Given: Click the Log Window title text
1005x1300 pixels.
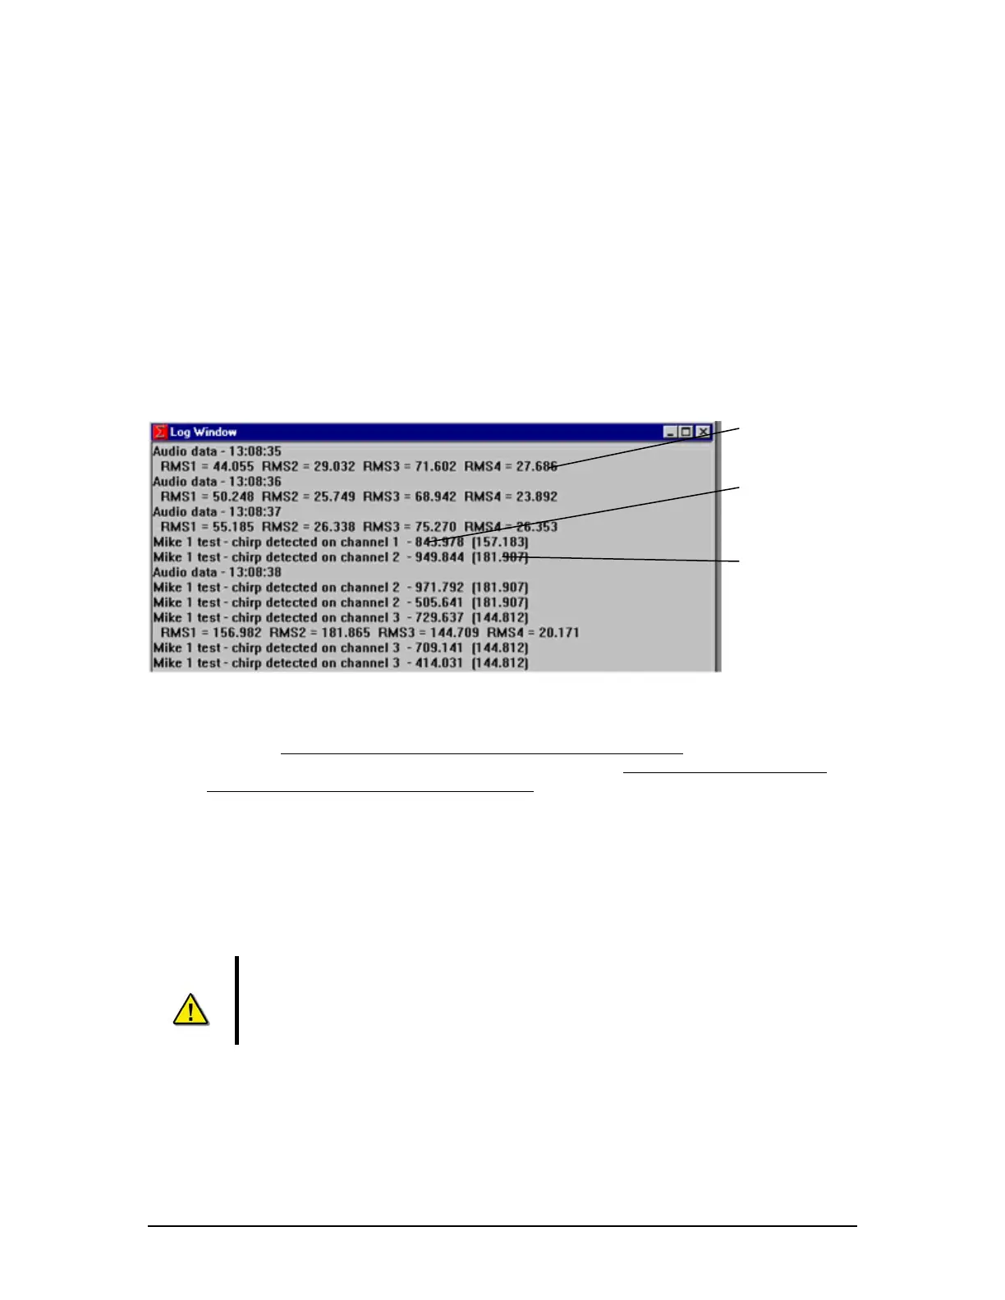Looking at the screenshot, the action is (x=203, y=432).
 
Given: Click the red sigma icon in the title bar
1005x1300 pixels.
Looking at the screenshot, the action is (x=160, y=432).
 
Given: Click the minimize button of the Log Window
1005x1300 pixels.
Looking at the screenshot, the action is (x=670, y=432).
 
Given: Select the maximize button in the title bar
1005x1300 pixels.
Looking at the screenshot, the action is (x=686, y=432).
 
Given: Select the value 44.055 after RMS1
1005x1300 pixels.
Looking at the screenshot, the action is (x=231, y=466).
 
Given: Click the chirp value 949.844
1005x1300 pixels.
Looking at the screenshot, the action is (x=440, y=557).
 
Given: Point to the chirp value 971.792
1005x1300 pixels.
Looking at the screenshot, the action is (x=440, y=588).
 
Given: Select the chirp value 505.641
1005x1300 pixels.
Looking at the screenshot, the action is (x=440, y=602).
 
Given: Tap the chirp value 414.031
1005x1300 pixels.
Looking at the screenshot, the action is (x=440, y=663).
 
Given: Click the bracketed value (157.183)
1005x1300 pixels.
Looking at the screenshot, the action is (x=500, y=542).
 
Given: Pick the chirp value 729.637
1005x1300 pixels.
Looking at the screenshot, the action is (x=440, y=618).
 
